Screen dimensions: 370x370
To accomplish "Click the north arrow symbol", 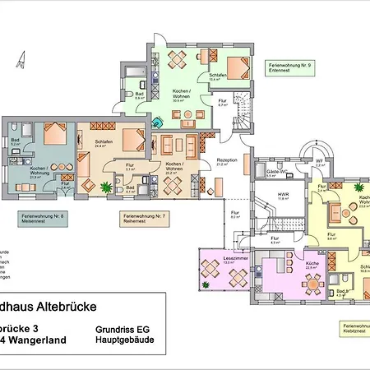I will point(22,60).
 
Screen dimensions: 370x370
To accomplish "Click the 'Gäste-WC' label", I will point(274,173).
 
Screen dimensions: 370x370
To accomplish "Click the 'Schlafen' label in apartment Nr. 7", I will point(104,141).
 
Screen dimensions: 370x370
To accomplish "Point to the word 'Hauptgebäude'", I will point(121,338).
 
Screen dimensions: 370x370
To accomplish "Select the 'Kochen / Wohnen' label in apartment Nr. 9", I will point(183,97).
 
